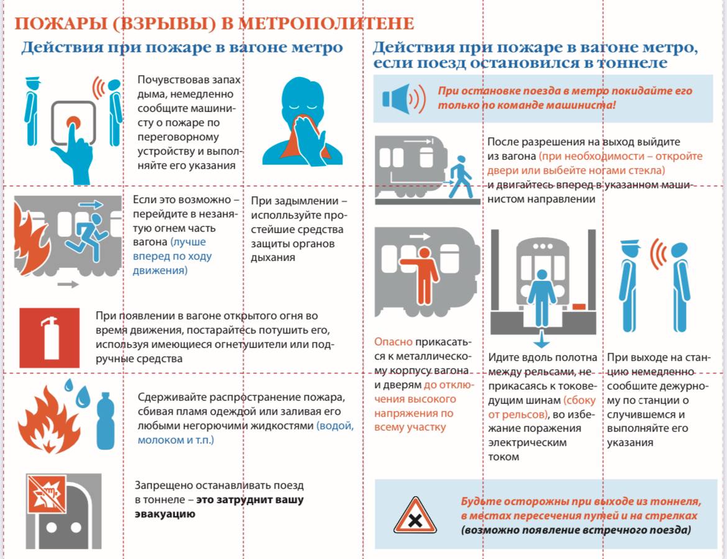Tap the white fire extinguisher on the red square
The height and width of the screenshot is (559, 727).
tap(49, 337)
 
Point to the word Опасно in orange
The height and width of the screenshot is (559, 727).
tap(393, 342)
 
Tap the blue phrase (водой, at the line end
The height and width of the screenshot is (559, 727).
tap(335, 427)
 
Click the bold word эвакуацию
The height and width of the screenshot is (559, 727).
tap(165, 514)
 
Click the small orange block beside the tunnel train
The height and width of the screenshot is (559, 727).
tap(578, 306)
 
